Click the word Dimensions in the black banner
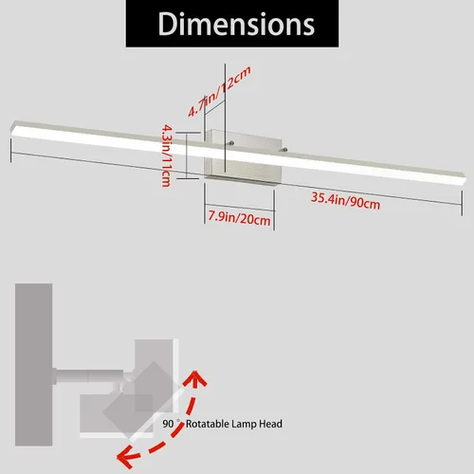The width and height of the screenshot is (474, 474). click(236, 25)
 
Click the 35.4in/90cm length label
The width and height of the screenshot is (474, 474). click(345, 201)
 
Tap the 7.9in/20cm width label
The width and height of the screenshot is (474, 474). click(239, 218)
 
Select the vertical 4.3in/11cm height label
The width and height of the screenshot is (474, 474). click(166, 155)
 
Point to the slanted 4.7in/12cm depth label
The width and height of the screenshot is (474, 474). click(219, 91)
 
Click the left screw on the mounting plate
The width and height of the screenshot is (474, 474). click(232, 143)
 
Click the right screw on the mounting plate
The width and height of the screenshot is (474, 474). click(285, 150)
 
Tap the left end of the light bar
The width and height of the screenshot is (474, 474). click(13, 129)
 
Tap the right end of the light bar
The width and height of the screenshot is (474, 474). click(464, 179)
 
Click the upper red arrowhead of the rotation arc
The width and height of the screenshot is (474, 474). click(195, 377)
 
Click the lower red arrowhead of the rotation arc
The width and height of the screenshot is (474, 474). click(126, 458)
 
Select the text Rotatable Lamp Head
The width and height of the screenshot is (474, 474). click(234, 424)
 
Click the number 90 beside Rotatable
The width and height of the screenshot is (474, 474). click(168, 424)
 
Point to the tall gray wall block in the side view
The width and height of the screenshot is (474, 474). click(34, 364)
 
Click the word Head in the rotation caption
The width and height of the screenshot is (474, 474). click(270, 424)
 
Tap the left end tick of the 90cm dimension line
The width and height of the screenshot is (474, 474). click(11, 151)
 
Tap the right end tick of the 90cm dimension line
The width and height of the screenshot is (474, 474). click(462, 203)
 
